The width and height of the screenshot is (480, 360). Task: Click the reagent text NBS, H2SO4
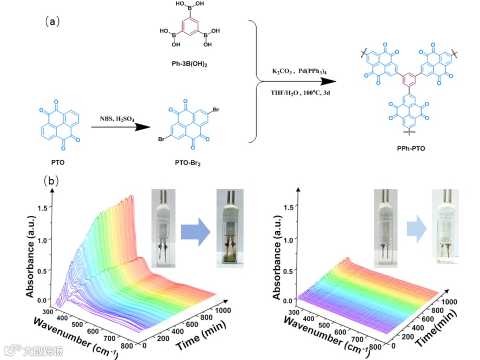coord(118,118)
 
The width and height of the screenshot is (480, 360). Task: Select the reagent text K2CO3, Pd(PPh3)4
coord(295,70)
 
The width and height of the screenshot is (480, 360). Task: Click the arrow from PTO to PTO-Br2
coord(117,127)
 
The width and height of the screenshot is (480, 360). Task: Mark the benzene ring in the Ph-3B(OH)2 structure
coord(185,30)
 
